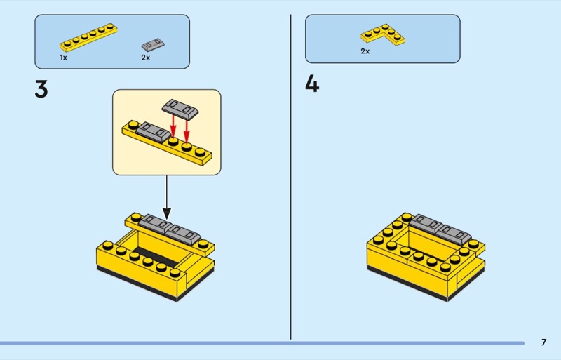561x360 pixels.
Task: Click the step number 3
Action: pos(41,90)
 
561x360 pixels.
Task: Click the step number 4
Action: pos(312,85)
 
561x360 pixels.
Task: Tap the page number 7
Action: pos(543,342)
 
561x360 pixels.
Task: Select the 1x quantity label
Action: pos(63,58)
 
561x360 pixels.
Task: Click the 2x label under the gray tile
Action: pos(146,58)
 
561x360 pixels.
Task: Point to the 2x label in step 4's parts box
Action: pos(365,51)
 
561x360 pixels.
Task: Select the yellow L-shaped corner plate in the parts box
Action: pos(383,34)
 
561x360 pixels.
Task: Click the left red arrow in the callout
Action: pos(174,126)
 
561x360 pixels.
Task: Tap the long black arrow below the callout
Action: pos(167,196)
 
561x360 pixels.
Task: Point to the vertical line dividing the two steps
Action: pos(291,175)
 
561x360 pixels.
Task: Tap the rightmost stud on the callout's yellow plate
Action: pos(201,151)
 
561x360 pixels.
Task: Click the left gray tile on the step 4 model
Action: pos(428,222)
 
